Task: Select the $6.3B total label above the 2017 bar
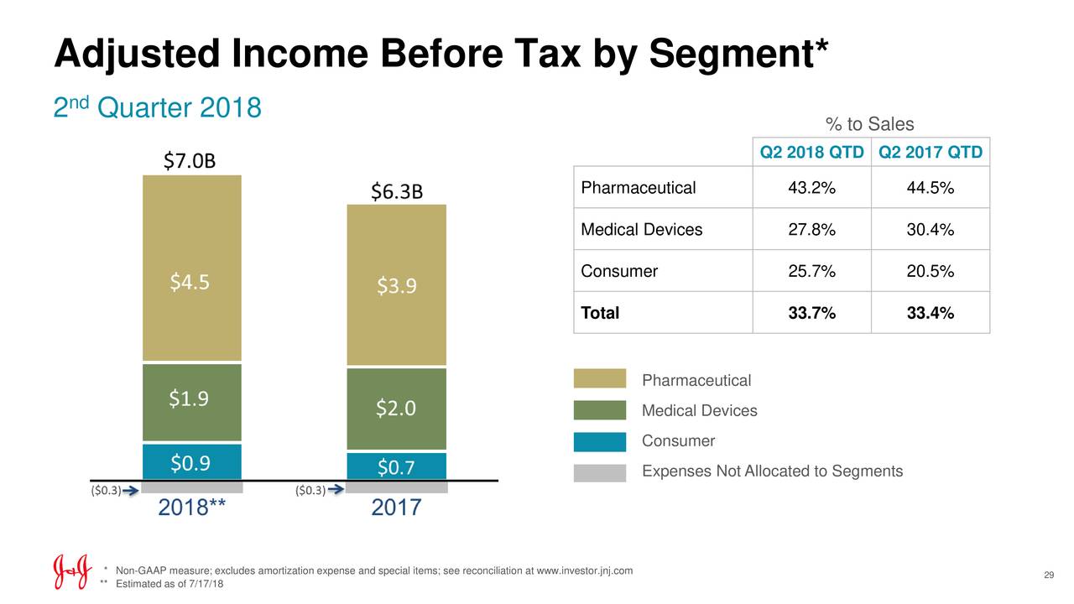397,192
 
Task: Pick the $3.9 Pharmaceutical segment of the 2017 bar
396,287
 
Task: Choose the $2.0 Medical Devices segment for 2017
396,409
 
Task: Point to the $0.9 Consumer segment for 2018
192,462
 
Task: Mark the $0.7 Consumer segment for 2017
396,466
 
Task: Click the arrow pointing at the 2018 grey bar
130,490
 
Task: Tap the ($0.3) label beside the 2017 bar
310,491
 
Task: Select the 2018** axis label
192,508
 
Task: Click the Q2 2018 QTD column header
811,153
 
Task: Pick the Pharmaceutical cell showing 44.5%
931,188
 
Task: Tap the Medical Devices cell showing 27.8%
811,230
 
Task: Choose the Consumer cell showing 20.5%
931,272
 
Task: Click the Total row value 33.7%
811,314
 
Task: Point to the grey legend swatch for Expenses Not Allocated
600,472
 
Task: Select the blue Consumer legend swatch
600,442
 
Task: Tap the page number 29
1048,575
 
